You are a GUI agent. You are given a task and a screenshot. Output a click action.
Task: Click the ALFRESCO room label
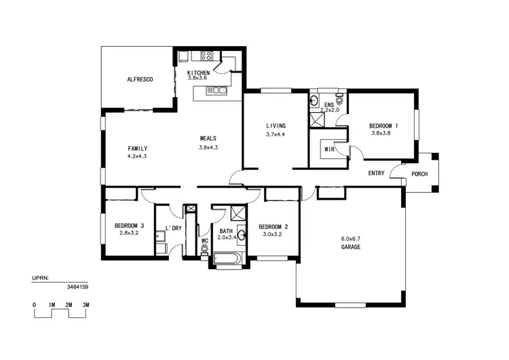click(140, 79)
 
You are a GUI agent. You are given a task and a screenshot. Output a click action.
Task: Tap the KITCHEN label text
click(198, 72)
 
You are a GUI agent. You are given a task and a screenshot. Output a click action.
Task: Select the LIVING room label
click(276, 126)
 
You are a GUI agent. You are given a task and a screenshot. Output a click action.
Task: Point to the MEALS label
click(208, 139)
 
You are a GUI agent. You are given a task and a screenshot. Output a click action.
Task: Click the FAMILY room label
click(137, 148)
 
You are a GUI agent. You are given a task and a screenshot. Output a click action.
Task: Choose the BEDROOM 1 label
click(383, 126)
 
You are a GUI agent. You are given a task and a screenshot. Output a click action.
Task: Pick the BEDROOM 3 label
click(129, 226)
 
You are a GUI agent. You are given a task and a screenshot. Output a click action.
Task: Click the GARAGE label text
click(350, 247)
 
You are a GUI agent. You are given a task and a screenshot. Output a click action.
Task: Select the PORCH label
click(420, 174)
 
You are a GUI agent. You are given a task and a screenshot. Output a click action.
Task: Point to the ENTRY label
click(376, 173)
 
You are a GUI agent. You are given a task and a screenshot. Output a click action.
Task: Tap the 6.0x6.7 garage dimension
click(350, 238)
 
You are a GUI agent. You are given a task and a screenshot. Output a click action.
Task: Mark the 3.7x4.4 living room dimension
click(276, 134)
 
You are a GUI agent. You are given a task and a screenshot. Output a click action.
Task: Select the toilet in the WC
click(204, 250)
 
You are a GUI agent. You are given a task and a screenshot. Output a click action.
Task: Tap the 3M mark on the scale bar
click(86, 306)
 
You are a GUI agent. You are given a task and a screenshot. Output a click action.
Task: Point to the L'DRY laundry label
click(174, 228)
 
